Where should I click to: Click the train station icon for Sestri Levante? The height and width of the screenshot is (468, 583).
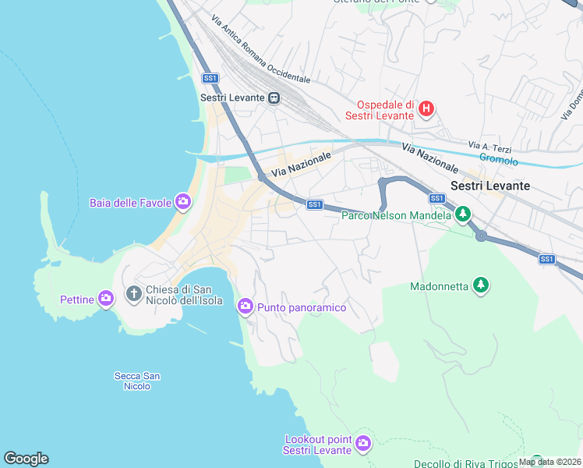pyautogui.click(x=274, y=97)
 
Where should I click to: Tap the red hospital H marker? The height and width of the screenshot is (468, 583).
pyautogui.click(x=426, y=108)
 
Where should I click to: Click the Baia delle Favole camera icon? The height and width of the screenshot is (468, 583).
pyautogui.click(x=183, y=203)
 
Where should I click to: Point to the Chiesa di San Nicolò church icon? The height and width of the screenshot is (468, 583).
pyautogui.click(x=134, y=294)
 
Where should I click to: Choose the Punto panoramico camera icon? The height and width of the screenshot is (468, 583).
pyautogui.click(x=246, y=307)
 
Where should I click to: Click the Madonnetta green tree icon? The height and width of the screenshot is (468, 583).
pyautogui.click(x=482, y=285)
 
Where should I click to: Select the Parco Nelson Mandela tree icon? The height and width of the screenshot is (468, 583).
pyautogui.click(x=463, y=213)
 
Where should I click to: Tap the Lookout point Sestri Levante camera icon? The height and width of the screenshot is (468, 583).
pyautogui.click(x=362, y=444)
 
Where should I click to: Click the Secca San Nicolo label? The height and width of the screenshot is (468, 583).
pyautogui.click(x=137, y=381)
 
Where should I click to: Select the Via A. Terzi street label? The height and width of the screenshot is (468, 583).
pyautogui.click(x=489, y=147)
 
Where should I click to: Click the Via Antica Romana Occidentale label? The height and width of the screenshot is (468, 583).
pyautogui.click(x=260, y=48)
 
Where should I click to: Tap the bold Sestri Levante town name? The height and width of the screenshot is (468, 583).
pyautogui.click(x=490, y=186)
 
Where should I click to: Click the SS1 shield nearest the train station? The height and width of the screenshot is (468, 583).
pyautogui.click(x=210, y=78)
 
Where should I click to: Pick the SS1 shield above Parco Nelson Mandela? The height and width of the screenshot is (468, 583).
pyautogui.click(x=436, y=198)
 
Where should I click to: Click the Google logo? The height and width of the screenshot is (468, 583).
pyautogui.click(x=26, y=459)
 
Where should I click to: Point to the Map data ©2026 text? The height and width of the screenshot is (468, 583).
pyautogui.click(x=549, y=462)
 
